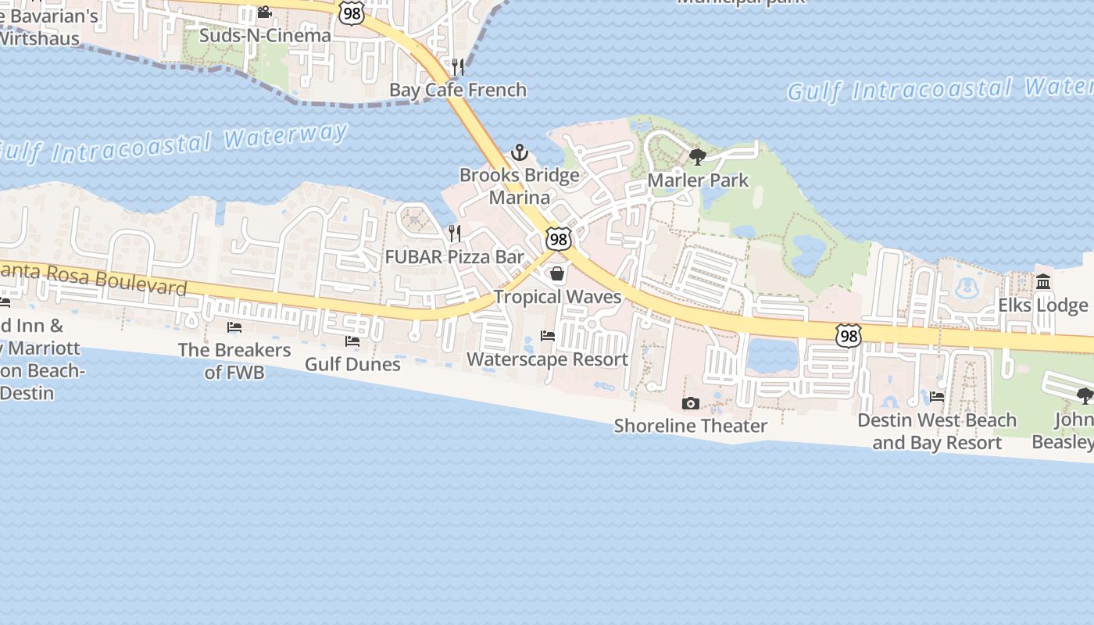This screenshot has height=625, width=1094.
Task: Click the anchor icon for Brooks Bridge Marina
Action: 520,152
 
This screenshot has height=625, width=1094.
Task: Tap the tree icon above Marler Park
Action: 698,157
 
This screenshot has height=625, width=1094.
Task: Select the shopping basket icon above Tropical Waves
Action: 557,273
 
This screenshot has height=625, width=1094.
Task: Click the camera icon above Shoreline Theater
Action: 690,403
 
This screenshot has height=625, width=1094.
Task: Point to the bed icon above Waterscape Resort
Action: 548,336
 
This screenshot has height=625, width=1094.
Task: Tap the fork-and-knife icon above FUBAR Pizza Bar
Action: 455,233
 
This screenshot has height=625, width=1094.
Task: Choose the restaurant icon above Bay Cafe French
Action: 458,66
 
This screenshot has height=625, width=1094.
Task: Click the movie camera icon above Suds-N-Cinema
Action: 264,12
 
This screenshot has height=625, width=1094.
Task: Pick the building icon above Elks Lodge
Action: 1043,281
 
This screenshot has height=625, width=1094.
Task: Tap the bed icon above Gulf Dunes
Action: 352,341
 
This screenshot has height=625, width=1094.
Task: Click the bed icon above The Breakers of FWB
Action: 234,327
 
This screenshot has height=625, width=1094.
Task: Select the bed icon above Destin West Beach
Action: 937,397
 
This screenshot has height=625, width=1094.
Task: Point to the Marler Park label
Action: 698,180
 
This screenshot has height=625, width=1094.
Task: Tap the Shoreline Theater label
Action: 690,426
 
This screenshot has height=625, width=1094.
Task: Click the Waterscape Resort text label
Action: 547,359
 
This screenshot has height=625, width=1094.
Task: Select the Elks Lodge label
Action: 1042,305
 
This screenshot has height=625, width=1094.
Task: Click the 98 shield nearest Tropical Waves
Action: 558,239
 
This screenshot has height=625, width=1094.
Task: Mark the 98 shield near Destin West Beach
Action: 848,336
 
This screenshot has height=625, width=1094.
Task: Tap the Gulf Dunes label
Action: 352,364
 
